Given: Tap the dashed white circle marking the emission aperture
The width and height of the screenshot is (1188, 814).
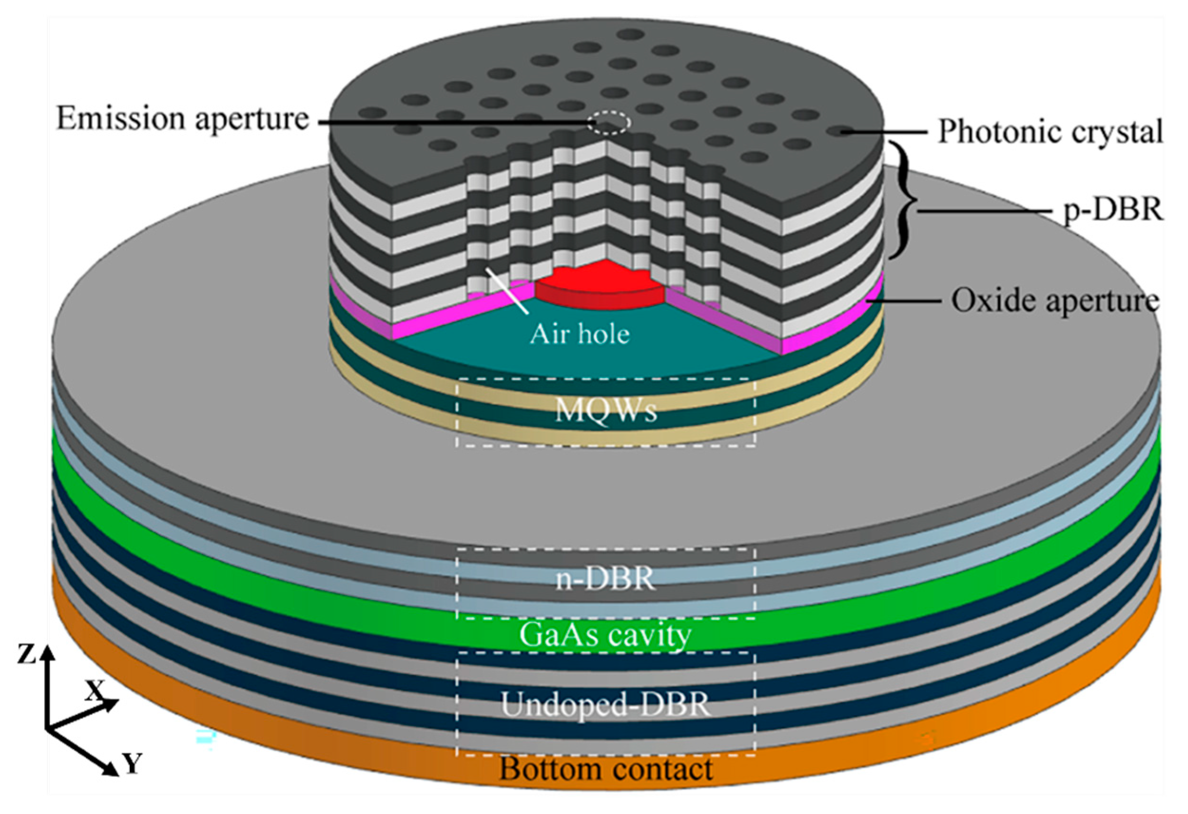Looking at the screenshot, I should click(608, 123).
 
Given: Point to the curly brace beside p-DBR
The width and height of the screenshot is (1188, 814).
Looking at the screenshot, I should click(908, 201).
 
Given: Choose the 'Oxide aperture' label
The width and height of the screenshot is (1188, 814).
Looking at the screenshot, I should click(1054, 301).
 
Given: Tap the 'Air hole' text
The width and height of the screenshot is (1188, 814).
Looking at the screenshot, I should click(579, 335).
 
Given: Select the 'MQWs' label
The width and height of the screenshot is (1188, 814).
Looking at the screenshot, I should click(606, 410).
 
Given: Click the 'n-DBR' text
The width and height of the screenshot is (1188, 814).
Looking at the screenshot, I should click(605, 578).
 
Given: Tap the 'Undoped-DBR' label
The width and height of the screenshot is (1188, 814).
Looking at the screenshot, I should click(605, 705).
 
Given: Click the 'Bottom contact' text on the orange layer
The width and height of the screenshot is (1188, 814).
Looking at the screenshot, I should click(606, 768).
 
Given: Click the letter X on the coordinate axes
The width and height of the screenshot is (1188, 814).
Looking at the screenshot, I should click(95, 692).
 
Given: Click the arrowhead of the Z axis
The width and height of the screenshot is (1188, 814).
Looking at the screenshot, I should click(48, 651).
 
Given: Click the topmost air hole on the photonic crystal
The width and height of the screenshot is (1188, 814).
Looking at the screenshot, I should click(630, 34).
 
